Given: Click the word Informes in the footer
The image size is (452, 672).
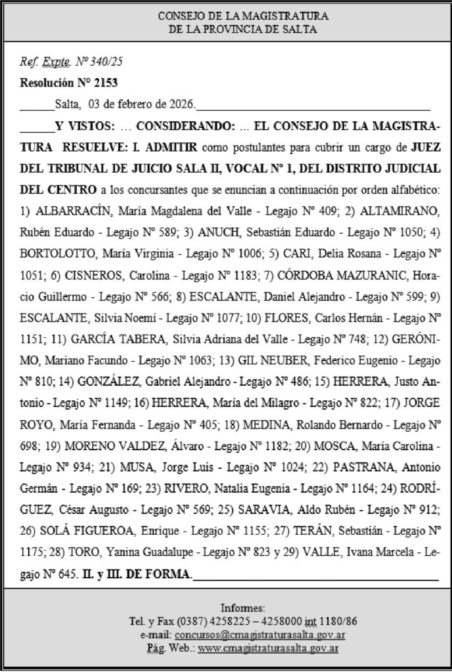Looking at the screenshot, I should (243, 608).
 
